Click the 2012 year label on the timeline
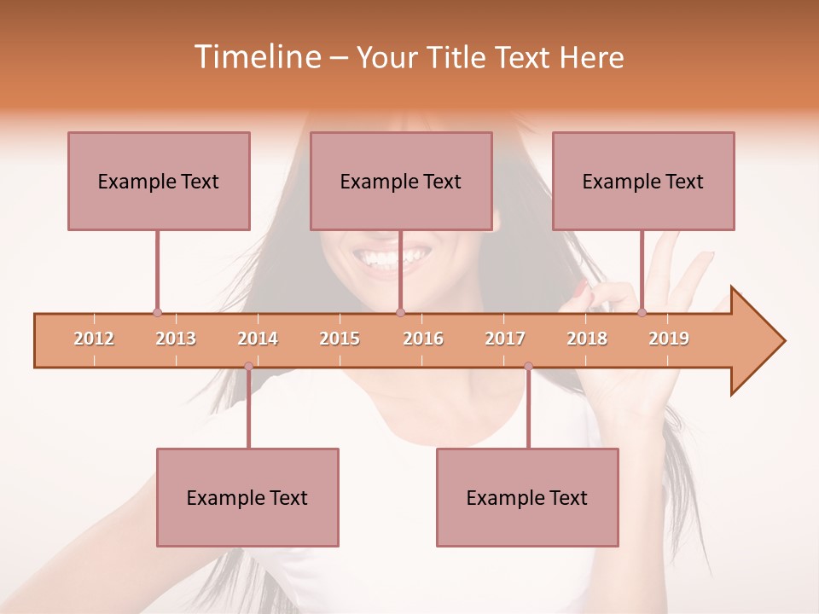[94, 339]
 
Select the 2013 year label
[176, 339]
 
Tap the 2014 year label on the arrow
[258, 339]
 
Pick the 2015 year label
[340, 339]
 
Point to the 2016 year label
[423, 339]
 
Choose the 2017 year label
[505, 339]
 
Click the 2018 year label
[587, 339]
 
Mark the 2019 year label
[669, 339]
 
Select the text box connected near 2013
[159, 181]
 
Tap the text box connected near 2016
[401, 181]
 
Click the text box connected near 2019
[643, 181]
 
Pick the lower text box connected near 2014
[247, 497]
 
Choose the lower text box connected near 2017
[527, 497]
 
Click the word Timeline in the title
[256, 57]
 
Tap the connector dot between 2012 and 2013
[157, 312]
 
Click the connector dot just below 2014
[248, 366]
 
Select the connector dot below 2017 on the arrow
[528, 366]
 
